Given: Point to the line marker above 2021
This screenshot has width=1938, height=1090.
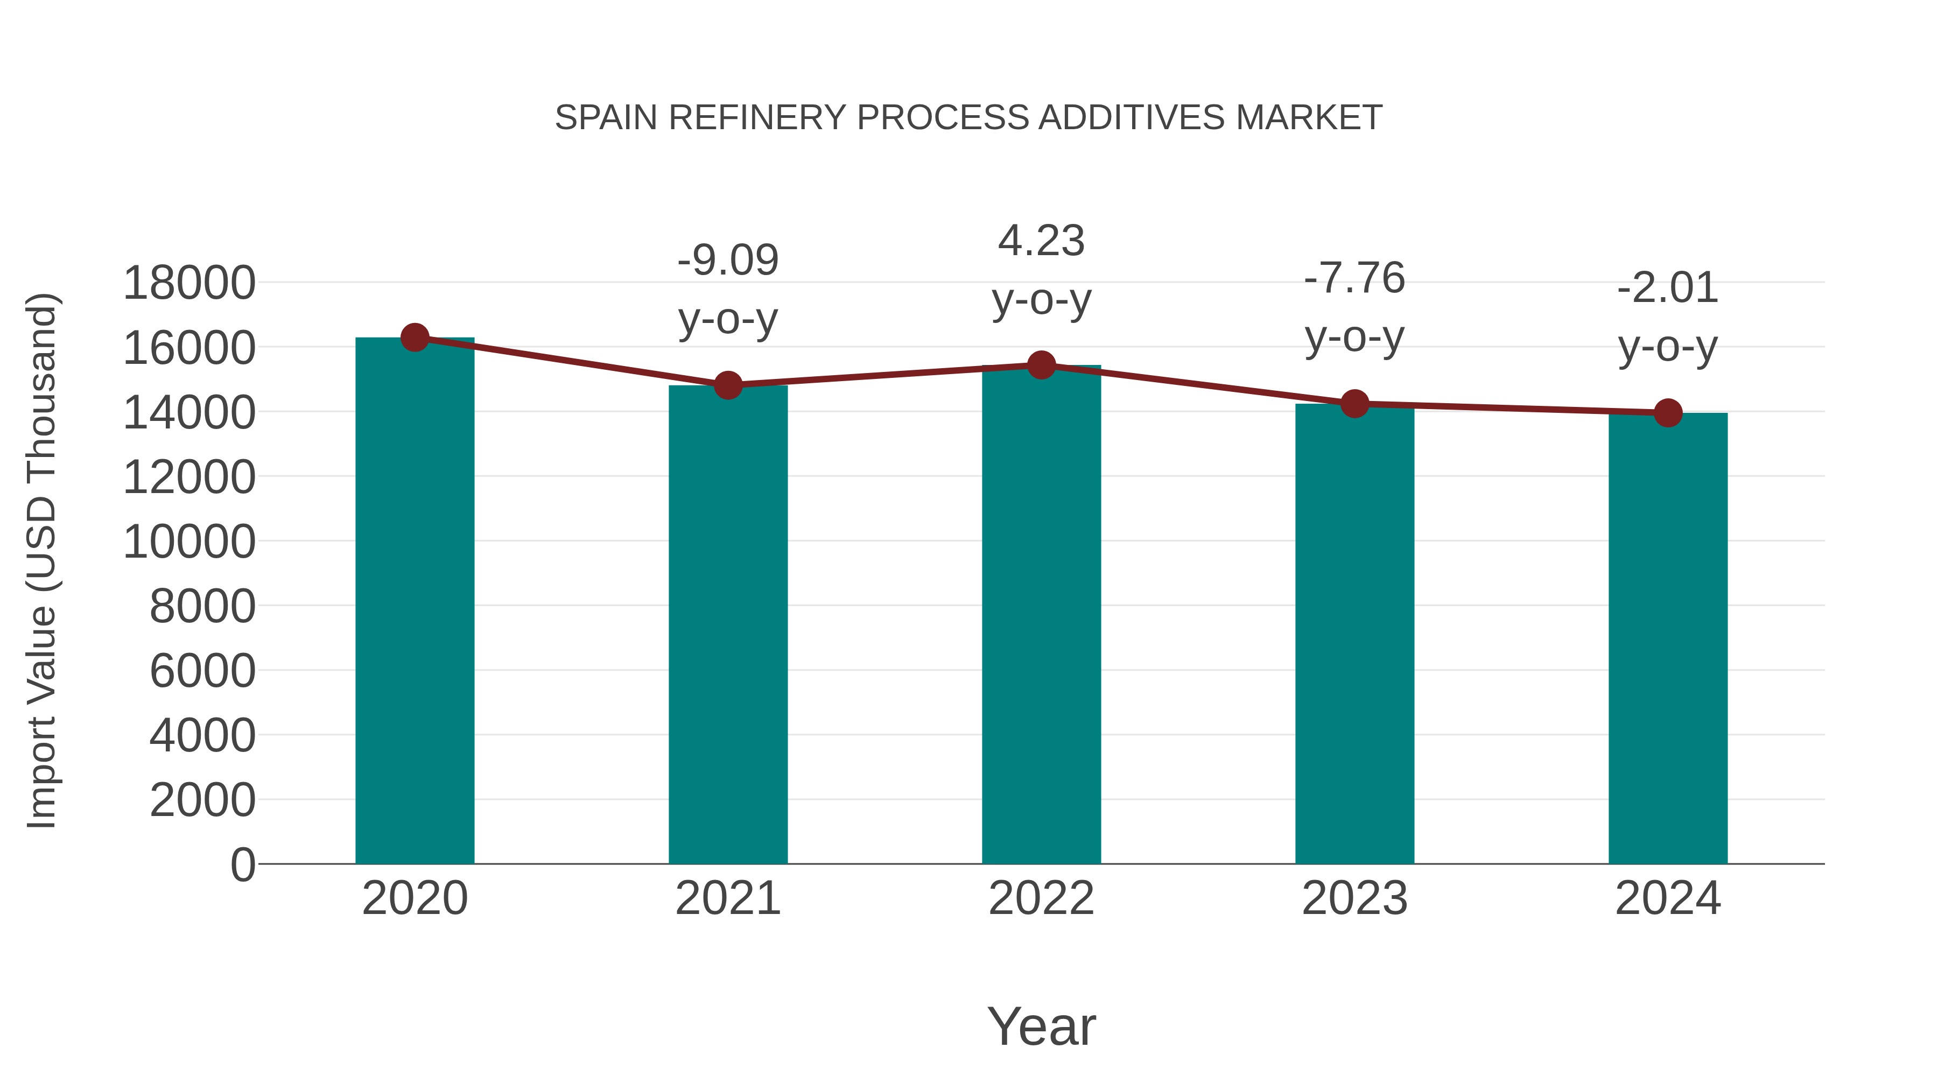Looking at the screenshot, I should (x=727, y=386).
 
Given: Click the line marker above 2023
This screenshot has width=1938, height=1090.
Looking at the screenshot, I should (x=1354, y=404).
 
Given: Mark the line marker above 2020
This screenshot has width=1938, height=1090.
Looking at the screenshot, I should (x=415, y=337).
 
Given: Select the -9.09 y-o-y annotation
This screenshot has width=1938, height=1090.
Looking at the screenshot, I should (x=727, y=290).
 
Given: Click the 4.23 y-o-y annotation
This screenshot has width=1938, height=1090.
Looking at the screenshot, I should (x=1041, y=270).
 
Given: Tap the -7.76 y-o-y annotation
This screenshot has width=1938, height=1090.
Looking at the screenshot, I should (x=1354, y=308).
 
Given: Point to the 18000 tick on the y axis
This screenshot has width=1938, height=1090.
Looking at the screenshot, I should (x=189, y=284).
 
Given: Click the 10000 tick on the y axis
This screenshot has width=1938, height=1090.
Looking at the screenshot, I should (x=189, y=542).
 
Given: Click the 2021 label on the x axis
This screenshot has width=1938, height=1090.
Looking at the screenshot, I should (x=727, y=898).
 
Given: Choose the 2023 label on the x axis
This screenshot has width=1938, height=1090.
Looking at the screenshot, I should (x=1354, y=898).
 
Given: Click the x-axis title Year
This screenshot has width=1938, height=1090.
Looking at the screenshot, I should (x=1041, y=1026).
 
